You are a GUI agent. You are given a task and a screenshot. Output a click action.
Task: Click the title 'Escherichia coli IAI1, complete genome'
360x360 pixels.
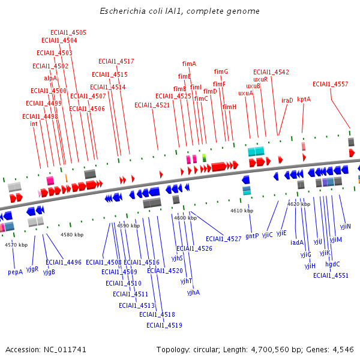pyautogui.click(x=179, y=11)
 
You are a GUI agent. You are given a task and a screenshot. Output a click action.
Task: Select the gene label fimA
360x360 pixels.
pyautogui.click(x=189, y=64)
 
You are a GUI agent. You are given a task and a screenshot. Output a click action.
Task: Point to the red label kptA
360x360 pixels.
pyautogui.click(x=304, y=100)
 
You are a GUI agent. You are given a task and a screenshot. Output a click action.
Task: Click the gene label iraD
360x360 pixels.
pyautogui.click(x=287, y=101)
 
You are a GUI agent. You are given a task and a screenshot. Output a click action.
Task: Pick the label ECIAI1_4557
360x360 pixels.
pyautogui.click(x=330, y=84)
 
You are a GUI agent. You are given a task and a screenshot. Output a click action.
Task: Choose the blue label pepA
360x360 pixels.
pyautogui.click(x=16, y=272)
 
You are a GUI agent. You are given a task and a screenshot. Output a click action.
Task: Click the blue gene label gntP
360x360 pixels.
pyautogui.click(x=252, y=236)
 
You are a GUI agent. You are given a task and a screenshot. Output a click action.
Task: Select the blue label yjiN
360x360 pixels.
pyautogui.click(x=346, y=226)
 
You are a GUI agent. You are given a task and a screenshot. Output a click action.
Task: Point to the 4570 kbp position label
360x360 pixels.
pyautogui.click(x=16, y=245)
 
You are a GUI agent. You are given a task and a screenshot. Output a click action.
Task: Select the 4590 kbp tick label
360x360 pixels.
pyautogui.click(x=128, y=226)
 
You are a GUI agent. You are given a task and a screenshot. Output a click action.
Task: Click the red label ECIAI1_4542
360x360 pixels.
pyautogui.click(x=271, y=72)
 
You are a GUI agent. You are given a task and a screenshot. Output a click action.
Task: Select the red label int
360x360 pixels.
pyautogui.click(x=34, y=124)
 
